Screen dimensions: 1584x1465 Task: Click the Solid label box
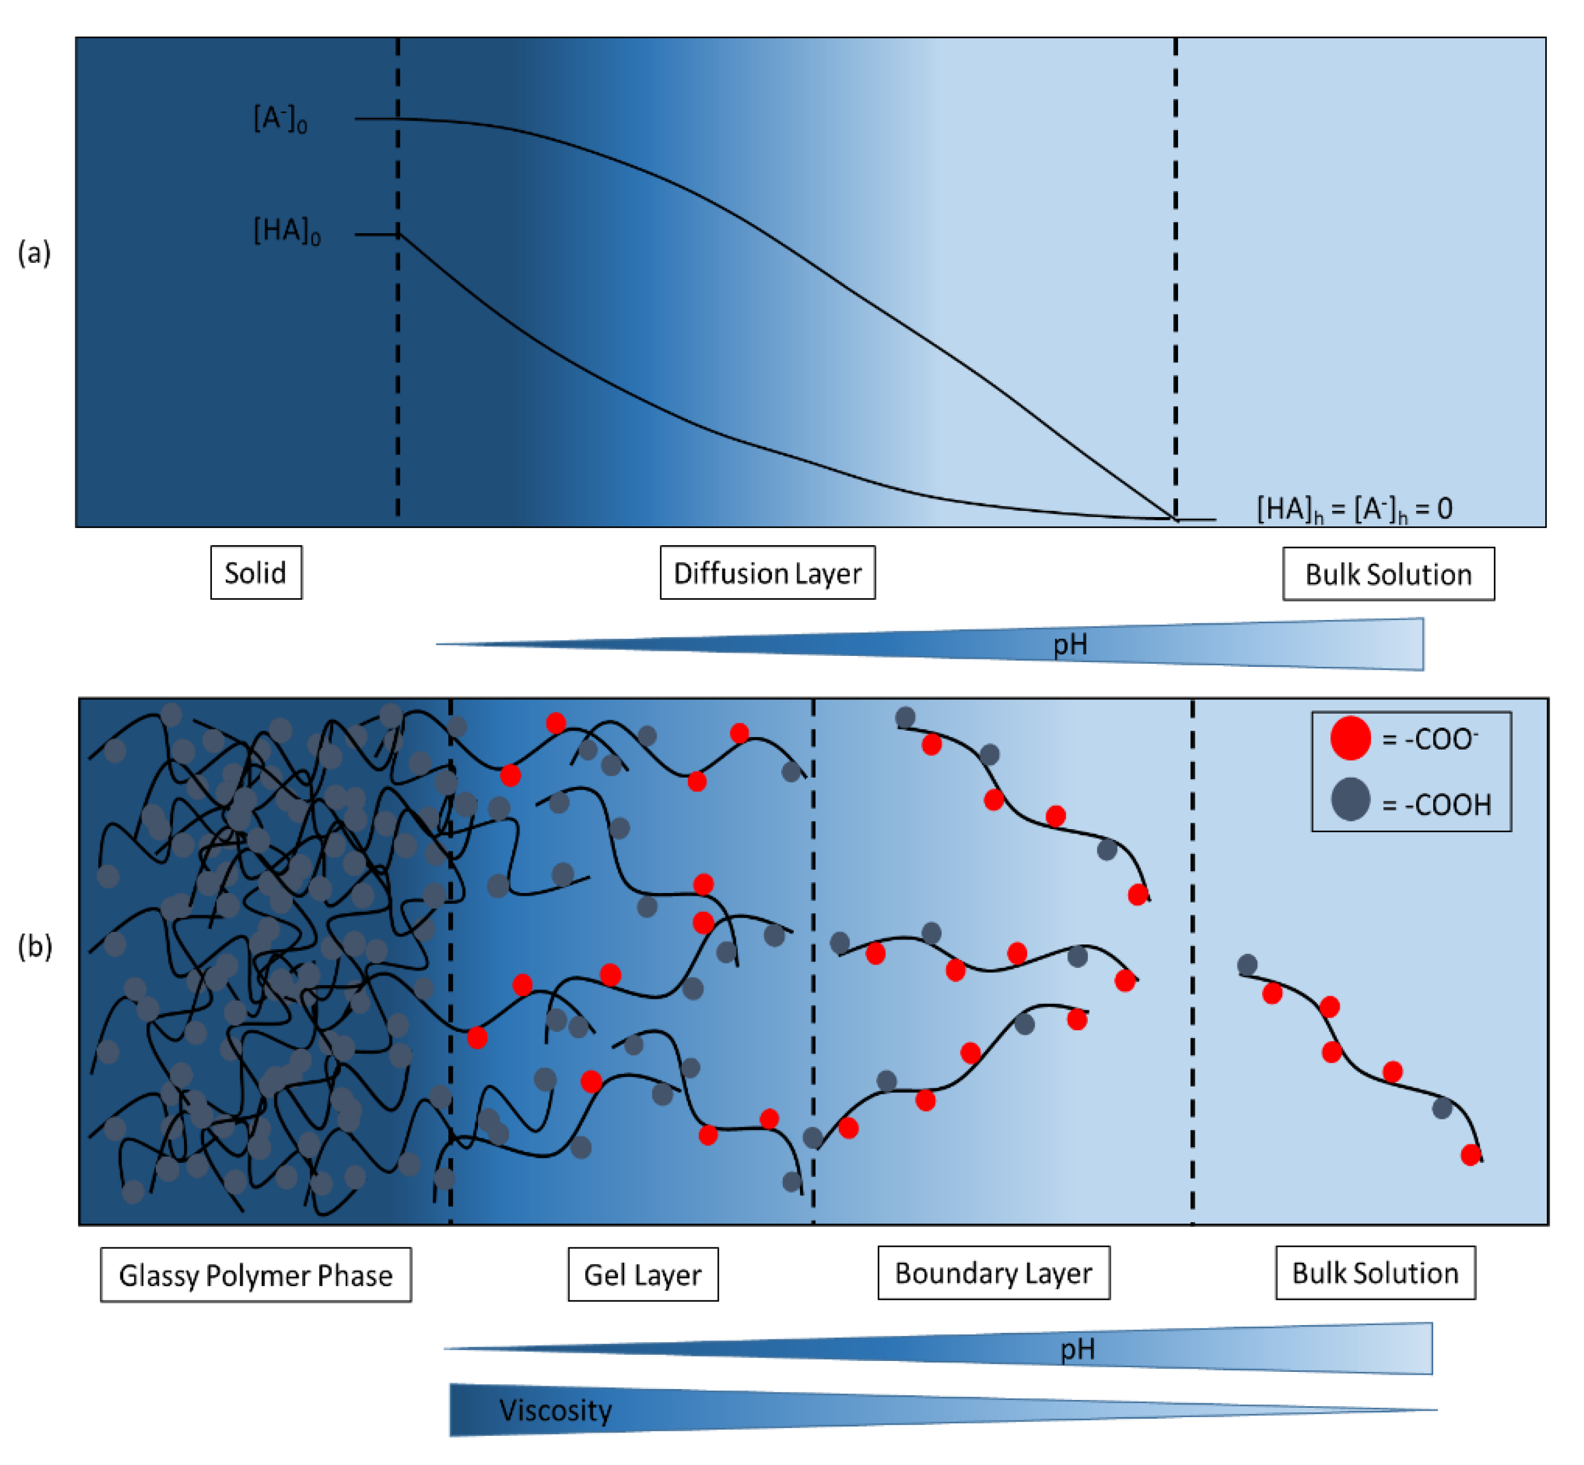click(x=255, y=573)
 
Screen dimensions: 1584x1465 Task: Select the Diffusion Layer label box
click(x=767, y=573)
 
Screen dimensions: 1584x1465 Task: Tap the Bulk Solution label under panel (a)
click(x=1388, y=574)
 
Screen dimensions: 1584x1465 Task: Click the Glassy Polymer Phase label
click(x=255, y=1275)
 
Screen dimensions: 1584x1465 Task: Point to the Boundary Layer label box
click(x=993, y=1272)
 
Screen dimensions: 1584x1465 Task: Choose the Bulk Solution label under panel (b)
click(x=1375, y=1272)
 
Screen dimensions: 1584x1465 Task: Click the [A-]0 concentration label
click(x=280, y=119)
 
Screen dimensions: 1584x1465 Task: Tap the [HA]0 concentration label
click(x=287, y=231)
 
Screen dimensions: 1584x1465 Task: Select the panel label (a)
click(x=34, y=253)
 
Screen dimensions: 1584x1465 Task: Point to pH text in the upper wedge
click(x=1070, y=645)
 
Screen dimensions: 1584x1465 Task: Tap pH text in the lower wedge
click(x=1077, y=1348)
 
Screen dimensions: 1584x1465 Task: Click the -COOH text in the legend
click(x=1436, y=804)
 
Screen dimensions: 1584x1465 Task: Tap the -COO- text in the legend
click(x=1429, y=739)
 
